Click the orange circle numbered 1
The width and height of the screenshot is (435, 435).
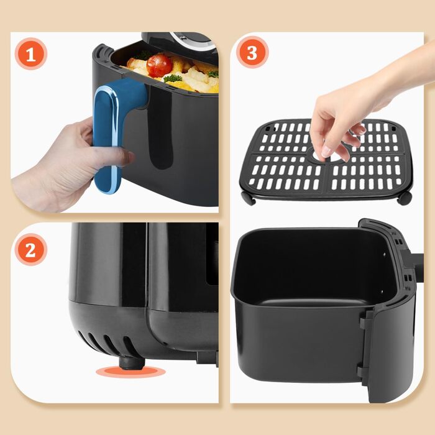point(31,54)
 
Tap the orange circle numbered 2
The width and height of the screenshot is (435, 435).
point(31,249)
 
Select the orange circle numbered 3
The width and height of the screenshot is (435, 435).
point(252,52)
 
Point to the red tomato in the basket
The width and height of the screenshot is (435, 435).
point(159,65)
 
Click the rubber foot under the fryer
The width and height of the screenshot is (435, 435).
point(132,363)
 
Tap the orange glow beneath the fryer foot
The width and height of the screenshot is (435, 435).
point(130,372)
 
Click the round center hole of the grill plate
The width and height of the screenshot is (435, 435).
point(324,157)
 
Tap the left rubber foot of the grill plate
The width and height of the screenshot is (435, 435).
point(248,198)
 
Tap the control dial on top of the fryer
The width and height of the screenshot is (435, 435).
point(194,41)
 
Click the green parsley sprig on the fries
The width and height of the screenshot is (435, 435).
point(173,78)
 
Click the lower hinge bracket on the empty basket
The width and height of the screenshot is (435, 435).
point(362,370)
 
